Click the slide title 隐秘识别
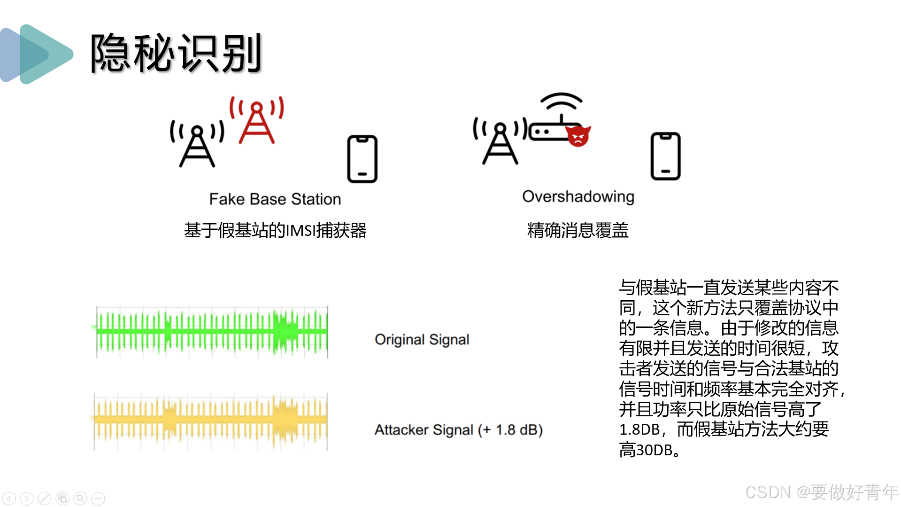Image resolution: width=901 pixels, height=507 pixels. coord(176,54)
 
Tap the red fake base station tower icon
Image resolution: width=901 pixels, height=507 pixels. coord(256,121)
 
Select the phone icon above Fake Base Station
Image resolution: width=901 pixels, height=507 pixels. coord(362,159)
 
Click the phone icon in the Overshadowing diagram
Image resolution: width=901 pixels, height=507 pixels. coord(665,156)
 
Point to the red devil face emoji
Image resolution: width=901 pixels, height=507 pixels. coord(578,136)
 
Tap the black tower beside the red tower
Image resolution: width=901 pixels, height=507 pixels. coord(197,144)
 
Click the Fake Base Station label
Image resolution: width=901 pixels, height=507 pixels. coord(275,199)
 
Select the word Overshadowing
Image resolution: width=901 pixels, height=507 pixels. coord(578,196)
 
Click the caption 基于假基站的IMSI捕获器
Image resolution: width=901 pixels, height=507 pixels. coord(275,230)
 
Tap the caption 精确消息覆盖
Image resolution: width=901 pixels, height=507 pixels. coord(578,230)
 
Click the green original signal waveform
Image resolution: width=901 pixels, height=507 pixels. coord(211,332)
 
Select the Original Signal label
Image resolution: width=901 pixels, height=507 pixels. coord(422,339)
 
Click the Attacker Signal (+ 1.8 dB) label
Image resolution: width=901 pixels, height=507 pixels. coord(458,430)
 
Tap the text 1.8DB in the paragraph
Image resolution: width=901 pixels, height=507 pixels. coord(639,429)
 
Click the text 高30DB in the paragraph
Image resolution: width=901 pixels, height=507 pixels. coord(647,450)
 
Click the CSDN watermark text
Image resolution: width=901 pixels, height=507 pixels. coord(821,492)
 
